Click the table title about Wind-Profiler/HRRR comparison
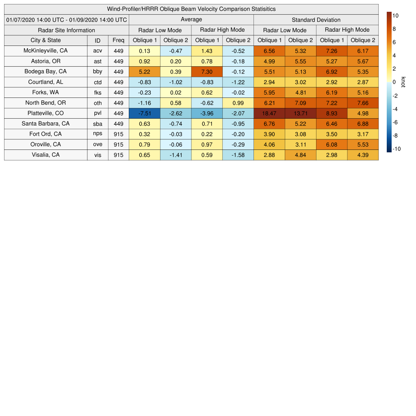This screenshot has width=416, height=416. (191, 9)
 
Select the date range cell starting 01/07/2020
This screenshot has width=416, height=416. (67, 19)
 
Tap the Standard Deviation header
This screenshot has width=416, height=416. (316, 19)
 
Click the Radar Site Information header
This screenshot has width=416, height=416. (67, 30)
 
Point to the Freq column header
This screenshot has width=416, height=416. (119, 40)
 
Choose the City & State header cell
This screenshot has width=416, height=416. (45, 40)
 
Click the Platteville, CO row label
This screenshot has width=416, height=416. (45, 113)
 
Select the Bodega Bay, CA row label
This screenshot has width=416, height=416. (45, 71)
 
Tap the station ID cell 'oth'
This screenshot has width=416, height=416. (97, 103)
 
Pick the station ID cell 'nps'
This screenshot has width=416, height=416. (97, 134)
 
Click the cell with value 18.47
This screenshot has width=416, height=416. (269, 113)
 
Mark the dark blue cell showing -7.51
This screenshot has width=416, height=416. (145, 113)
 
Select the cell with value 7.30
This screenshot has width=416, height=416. (207, 71)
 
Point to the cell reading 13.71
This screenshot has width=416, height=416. (301, 113)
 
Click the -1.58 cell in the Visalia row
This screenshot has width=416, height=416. (238, 155)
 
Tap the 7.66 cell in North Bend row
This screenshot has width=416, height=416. (363, 103)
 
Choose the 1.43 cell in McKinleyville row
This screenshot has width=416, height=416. (207, 51)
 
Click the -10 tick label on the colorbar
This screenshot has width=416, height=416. (396, 149)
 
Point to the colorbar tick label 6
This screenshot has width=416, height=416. (394, 42)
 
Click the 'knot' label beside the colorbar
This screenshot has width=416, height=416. (403, 82)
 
